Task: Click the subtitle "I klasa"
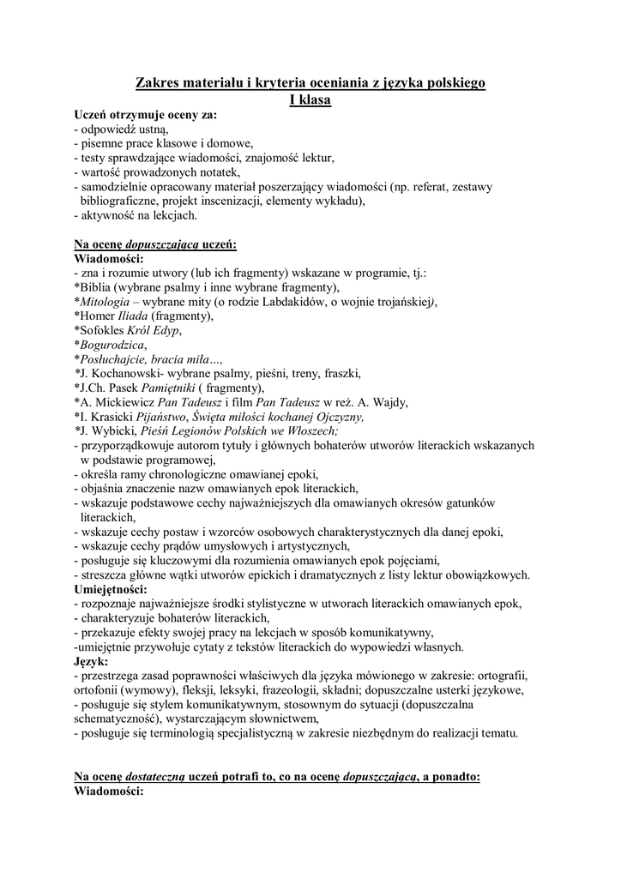tap(310, 99)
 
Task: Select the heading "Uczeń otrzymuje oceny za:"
tap(145, 114)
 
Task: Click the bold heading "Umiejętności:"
tap(111, 590)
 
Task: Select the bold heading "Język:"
tap(91, 662)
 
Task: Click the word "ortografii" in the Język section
tap(502, 677)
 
